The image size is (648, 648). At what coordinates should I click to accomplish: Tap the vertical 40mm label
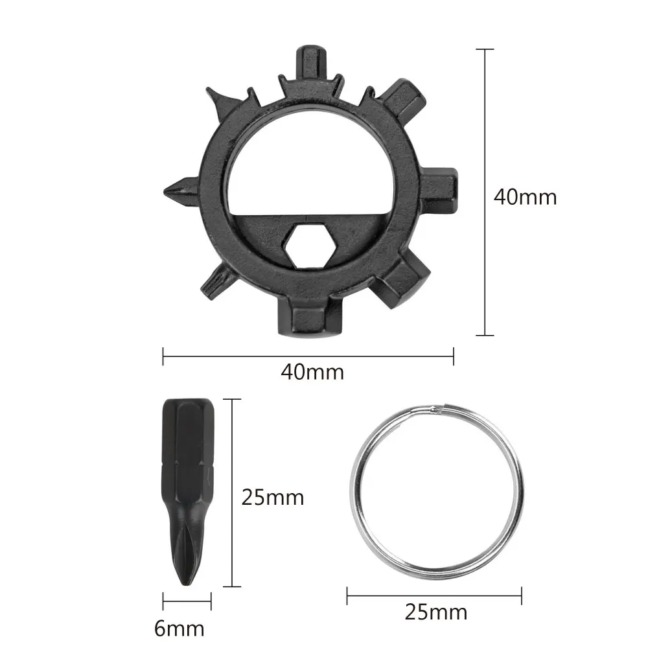(525, 197)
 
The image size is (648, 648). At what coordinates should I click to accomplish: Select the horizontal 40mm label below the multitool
(312, 372)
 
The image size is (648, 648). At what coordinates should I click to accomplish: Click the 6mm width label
(179, 629)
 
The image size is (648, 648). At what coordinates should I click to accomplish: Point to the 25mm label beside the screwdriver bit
(273, 497)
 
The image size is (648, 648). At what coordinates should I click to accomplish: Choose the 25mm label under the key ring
(435, 612)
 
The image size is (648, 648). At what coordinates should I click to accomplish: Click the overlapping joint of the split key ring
(439, 409)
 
